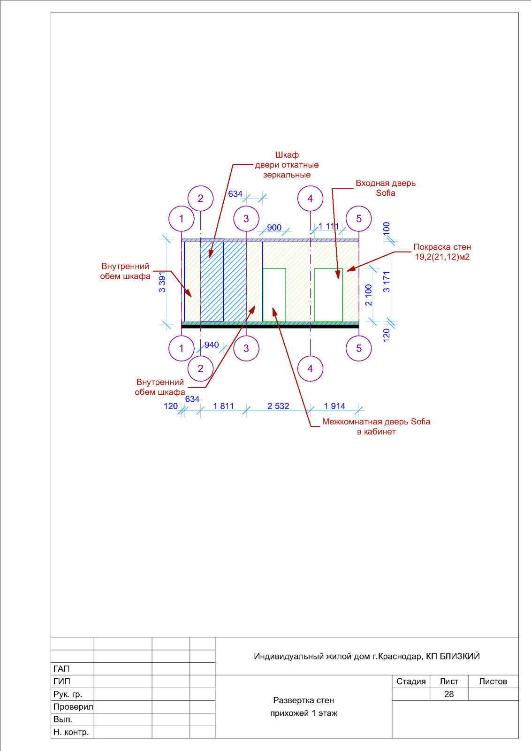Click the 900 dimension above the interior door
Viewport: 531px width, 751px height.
click(274, 228)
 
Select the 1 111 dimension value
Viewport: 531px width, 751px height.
click(328, 226)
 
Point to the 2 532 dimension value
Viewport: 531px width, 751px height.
click(278, 406)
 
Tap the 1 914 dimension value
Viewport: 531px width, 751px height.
click(334, 406)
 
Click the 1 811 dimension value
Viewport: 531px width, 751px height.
click(223, 406)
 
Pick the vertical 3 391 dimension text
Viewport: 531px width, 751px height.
click(162, 282)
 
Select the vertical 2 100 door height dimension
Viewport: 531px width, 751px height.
click(369, 295)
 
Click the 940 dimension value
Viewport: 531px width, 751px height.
click(212, 345)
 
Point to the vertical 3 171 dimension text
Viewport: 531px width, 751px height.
click(387, 282)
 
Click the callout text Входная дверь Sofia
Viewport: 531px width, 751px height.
click(385, 188)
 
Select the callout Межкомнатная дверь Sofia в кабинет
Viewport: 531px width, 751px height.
click(376, 427)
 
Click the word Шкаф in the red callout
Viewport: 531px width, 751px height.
click(287, 155)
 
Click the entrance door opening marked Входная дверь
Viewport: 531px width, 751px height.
click(328, 295)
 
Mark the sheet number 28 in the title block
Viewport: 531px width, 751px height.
click(449, 694)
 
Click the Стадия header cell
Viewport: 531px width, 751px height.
click(411, 681)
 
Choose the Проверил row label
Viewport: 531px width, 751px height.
click(73, 707)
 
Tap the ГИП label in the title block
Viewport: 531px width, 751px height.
click(61, 681)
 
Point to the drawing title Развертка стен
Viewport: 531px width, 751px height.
click(303, 700)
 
